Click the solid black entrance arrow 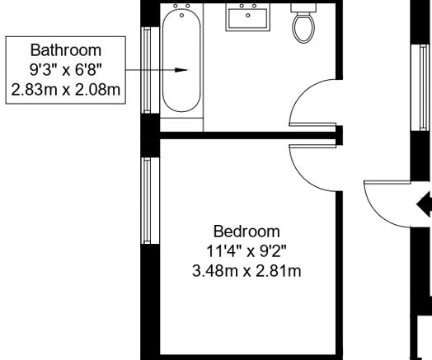point(425,203)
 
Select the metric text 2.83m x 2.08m point(63,87)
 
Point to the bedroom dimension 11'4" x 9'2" point(246,250)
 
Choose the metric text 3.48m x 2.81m point(246,269)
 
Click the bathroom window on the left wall point(148,69)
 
